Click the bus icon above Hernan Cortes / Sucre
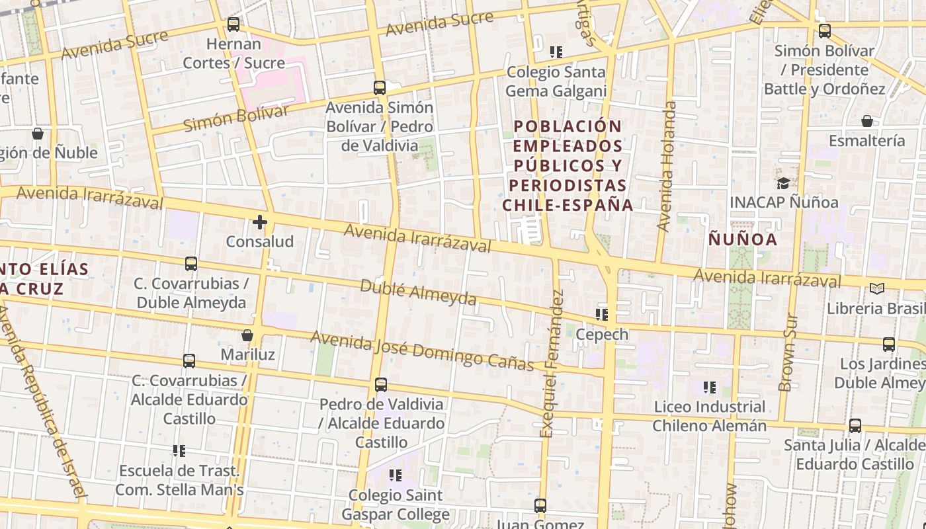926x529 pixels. click(x=233, y=24)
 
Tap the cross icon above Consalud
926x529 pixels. click(x=260, y=222)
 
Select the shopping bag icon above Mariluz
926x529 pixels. click(x=247, y=335)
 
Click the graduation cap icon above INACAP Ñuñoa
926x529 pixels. click(x=783, y=183)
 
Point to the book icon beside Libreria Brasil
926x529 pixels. click(x=877, y=289)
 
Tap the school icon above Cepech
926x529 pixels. click(x=601, y=315)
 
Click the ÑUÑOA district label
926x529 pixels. click(x=743, y=239)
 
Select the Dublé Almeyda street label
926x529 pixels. click(x=418, y=292)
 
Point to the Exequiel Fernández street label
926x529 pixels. click(x=551, y=364)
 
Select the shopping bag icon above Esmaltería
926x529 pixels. click(x=866, y=121)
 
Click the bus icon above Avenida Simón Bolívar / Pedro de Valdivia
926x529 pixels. click(x=380, y=87)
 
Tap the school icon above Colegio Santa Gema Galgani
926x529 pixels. click(x=556, y=52)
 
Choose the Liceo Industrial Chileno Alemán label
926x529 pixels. click(x=710, y=416)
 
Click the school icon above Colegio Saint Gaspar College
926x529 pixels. click(x=396, y=475)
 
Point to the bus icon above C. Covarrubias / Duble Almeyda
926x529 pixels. click(x=191, y=264)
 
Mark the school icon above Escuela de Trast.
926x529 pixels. click(x=179, y=451)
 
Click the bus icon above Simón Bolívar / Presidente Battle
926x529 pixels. click(x=824, y=30)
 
